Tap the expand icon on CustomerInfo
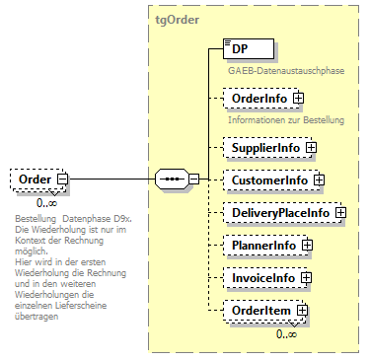pyautogui.click(x=319, y=180)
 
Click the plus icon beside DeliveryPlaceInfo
pyautogui.click(x=339, y=212)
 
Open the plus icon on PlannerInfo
pyautogui.click(x=307, y=245)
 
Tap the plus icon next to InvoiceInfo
pyautogui.click(x=306, y=278)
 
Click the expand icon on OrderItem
pyautogui.click(x=303, y=310)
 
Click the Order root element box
pyautogui.click(x=37, y=180)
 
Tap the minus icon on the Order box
pyautogui.click(x=62, y=180)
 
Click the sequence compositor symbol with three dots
pyautogui.click(x=172, y=180)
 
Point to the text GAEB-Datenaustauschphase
pyautogui.click(x=271, y=71)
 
